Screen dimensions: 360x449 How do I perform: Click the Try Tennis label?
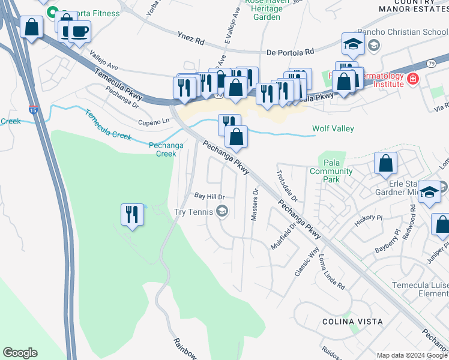tap(193, 211)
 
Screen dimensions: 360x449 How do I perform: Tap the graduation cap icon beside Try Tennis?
tap(222, 211)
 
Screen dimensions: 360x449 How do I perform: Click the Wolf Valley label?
tap(333, 129)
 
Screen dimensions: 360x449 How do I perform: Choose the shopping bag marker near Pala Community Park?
tap(385, 163)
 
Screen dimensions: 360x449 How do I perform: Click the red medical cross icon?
tap(412, 79)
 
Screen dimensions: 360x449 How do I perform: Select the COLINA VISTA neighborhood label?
tap(352, 322)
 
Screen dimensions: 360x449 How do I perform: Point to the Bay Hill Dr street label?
tap(209, 196)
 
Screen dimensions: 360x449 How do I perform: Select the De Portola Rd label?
tap(290, 52)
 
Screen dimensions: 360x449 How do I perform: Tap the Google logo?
tap(20, 353)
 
